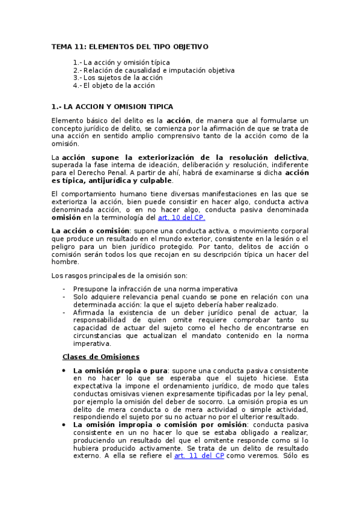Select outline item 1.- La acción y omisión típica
pyautogui.click(x=121, y=62)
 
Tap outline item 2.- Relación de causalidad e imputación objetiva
pyautogui.click(x=153, y=70)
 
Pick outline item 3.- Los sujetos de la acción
pyautogui.click(x=118, y=78)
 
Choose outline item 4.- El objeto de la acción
pyautogui.click(x=114, y=85)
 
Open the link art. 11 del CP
pyautogui.click(x=199, y=456)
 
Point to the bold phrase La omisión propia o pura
pyautogui.click(x=120, y=370)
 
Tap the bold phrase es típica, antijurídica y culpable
pyautogui.click(x=112, y=180)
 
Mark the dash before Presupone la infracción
pyautogui.click(x=64, y=289)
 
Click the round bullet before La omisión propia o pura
pyautogui.click(x=64, y=370)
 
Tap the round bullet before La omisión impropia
pyautogui.click(x=64, y=425)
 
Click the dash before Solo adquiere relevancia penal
pyautogui.click(x=64, y=296)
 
